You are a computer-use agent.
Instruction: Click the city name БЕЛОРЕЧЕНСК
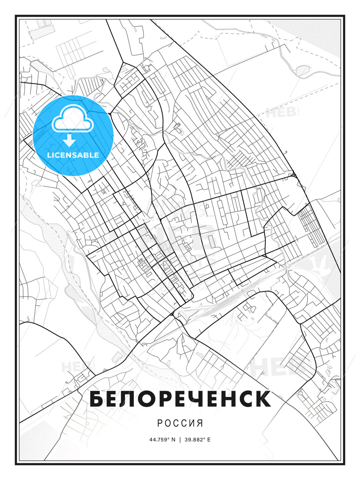tap(180, 399)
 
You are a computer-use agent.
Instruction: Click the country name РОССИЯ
tap(180, 423)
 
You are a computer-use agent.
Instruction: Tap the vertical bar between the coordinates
tap(180, 440)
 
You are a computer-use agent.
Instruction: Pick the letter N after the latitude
tap(173, 440)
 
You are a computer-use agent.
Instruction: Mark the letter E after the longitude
tap(209, 440)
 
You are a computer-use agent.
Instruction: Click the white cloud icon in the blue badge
tap(72, 118)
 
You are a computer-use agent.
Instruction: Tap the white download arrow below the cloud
tap(69, 140)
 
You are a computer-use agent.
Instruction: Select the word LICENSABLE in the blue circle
tap(73, 155)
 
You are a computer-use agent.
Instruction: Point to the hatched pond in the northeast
tap(303, 70)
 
